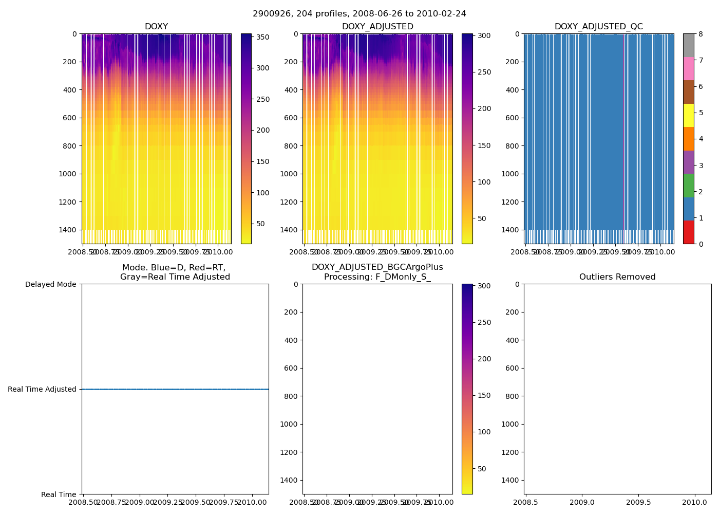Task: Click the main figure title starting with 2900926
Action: pyautogui.click(x=359, y=14)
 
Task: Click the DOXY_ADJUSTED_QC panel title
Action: pyautogui.click(x=598, y=27)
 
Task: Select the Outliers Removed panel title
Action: pyautogui.click(x=617, y=277)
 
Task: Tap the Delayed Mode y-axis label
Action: pyautogui.click(x=50, y=284)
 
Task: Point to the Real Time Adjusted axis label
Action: pyautogui.click(x=42, y=389)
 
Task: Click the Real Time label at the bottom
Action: pyautogui.click(x=59, y=494)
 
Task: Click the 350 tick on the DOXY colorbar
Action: pyautogui.click(x=263, y=37)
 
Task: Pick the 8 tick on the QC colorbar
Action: pyautogui.click(x=701, y=34)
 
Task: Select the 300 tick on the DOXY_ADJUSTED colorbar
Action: pyautogui.click(x=484, y=35)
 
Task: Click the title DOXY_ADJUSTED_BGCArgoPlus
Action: pyautogui.click(x=377, y=267)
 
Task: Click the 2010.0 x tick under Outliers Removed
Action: pyautogui.click(x=695, y=502)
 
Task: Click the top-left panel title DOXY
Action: pyautogui.click(x=156, y=27)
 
